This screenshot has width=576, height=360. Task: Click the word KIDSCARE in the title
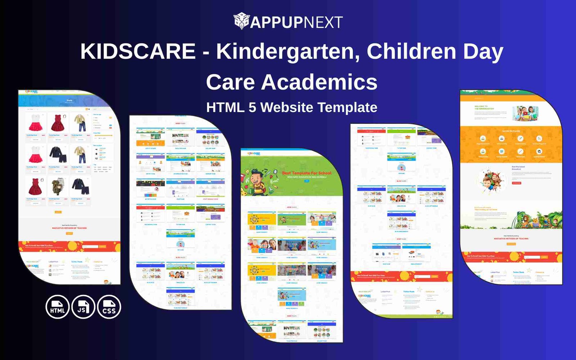click(138, 51)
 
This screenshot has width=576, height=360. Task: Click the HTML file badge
click(58, 307)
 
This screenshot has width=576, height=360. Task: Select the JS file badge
click(83, 307)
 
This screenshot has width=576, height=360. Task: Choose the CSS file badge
click(109, 307)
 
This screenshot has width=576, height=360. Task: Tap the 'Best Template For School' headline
click(306, 173)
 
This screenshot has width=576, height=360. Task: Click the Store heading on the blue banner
click(69, 100)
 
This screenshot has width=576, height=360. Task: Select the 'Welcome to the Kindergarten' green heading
click(484, 107)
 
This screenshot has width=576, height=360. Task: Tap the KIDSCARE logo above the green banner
click(254, 154)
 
